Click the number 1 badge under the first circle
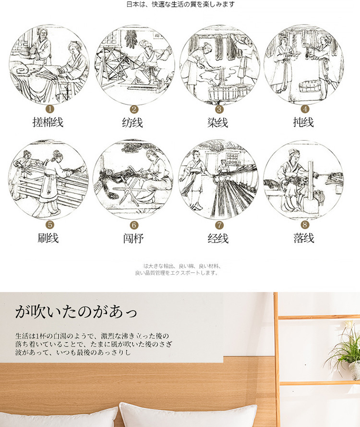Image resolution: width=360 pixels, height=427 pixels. (x=50, y=109)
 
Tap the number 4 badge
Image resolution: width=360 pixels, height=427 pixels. (x=305, y=109)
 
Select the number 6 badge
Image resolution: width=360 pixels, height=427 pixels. (x=134, y=225)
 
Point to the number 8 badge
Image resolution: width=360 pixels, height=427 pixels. (x=305, y=225)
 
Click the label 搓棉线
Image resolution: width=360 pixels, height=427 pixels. (x=48, y=122)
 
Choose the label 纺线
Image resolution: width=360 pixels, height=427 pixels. (x=132, y=122)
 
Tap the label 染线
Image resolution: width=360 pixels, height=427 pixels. (x=218, y=122)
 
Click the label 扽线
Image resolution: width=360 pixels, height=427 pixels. (x=303, y=122)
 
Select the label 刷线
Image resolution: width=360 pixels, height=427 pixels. (x=48, y=238)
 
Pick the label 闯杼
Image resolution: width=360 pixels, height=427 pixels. (x=133, y=239)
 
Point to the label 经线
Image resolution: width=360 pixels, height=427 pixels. (x=218, y=239)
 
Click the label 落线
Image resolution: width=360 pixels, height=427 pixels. (x=304, y=238)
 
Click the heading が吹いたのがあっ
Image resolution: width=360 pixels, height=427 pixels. (x=76, y=312)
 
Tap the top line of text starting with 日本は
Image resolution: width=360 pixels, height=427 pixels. (x=180, y=4)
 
